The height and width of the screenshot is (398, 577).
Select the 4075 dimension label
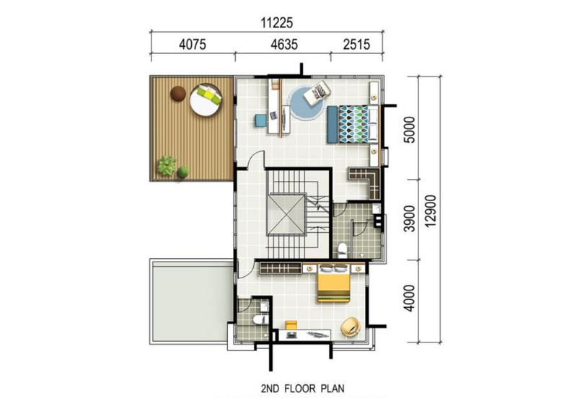pos(192,44)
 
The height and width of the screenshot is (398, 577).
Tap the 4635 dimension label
pos(283,44)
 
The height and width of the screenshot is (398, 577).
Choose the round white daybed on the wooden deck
pos(206,99)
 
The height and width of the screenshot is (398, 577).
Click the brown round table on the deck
pos(177,92)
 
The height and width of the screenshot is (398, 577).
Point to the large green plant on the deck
pos(167,167)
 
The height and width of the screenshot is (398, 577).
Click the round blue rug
pos(307,105)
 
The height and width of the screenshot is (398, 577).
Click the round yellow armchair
pos(350,326)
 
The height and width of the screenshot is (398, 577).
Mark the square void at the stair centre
pos(286,214)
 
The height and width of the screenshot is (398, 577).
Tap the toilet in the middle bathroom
pos(343,249)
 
